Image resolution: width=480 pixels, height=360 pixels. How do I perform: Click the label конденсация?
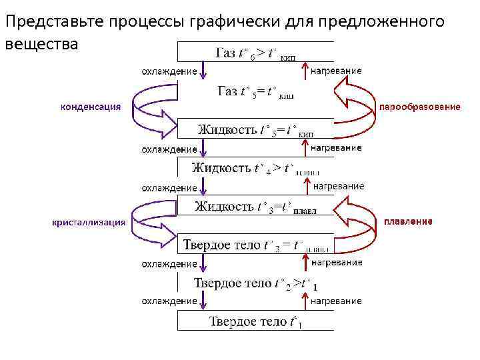click(91, 106)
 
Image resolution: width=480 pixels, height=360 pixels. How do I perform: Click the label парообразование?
click(419, 107)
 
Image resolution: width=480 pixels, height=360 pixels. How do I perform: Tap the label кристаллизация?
click(89, 223)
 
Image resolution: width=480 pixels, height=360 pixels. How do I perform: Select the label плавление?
click(408, 221)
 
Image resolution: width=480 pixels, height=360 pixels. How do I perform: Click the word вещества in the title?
click(41, 44)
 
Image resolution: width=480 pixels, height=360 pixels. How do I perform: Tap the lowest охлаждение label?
click(169, 301)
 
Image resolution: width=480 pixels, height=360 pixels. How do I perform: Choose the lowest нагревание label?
click(337, 301)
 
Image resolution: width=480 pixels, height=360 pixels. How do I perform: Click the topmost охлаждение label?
click(169, 71)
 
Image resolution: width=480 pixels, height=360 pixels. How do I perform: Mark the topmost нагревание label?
click(337, 71)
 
